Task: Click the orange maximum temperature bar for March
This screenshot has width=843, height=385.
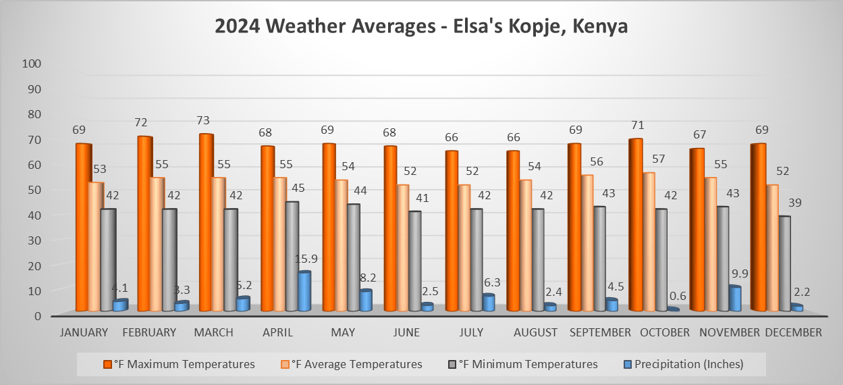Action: [x=206, y=223]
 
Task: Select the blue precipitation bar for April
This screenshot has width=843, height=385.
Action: [x=304, y=292]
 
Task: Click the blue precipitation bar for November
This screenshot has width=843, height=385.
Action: [x=734, y=299]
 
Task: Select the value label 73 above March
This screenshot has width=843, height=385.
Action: [x=203, y=121]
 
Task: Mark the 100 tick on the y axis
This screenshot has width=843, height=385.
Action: [x=32, y=63]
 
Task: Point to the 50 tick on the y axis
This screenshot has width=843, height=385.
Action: [x=35, y=190]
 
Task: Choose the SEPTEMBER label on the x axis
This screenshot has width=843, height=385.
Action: [x=601, y=332]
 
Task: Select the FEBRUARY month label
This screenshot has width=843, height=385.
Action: [x=148, y=332]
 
